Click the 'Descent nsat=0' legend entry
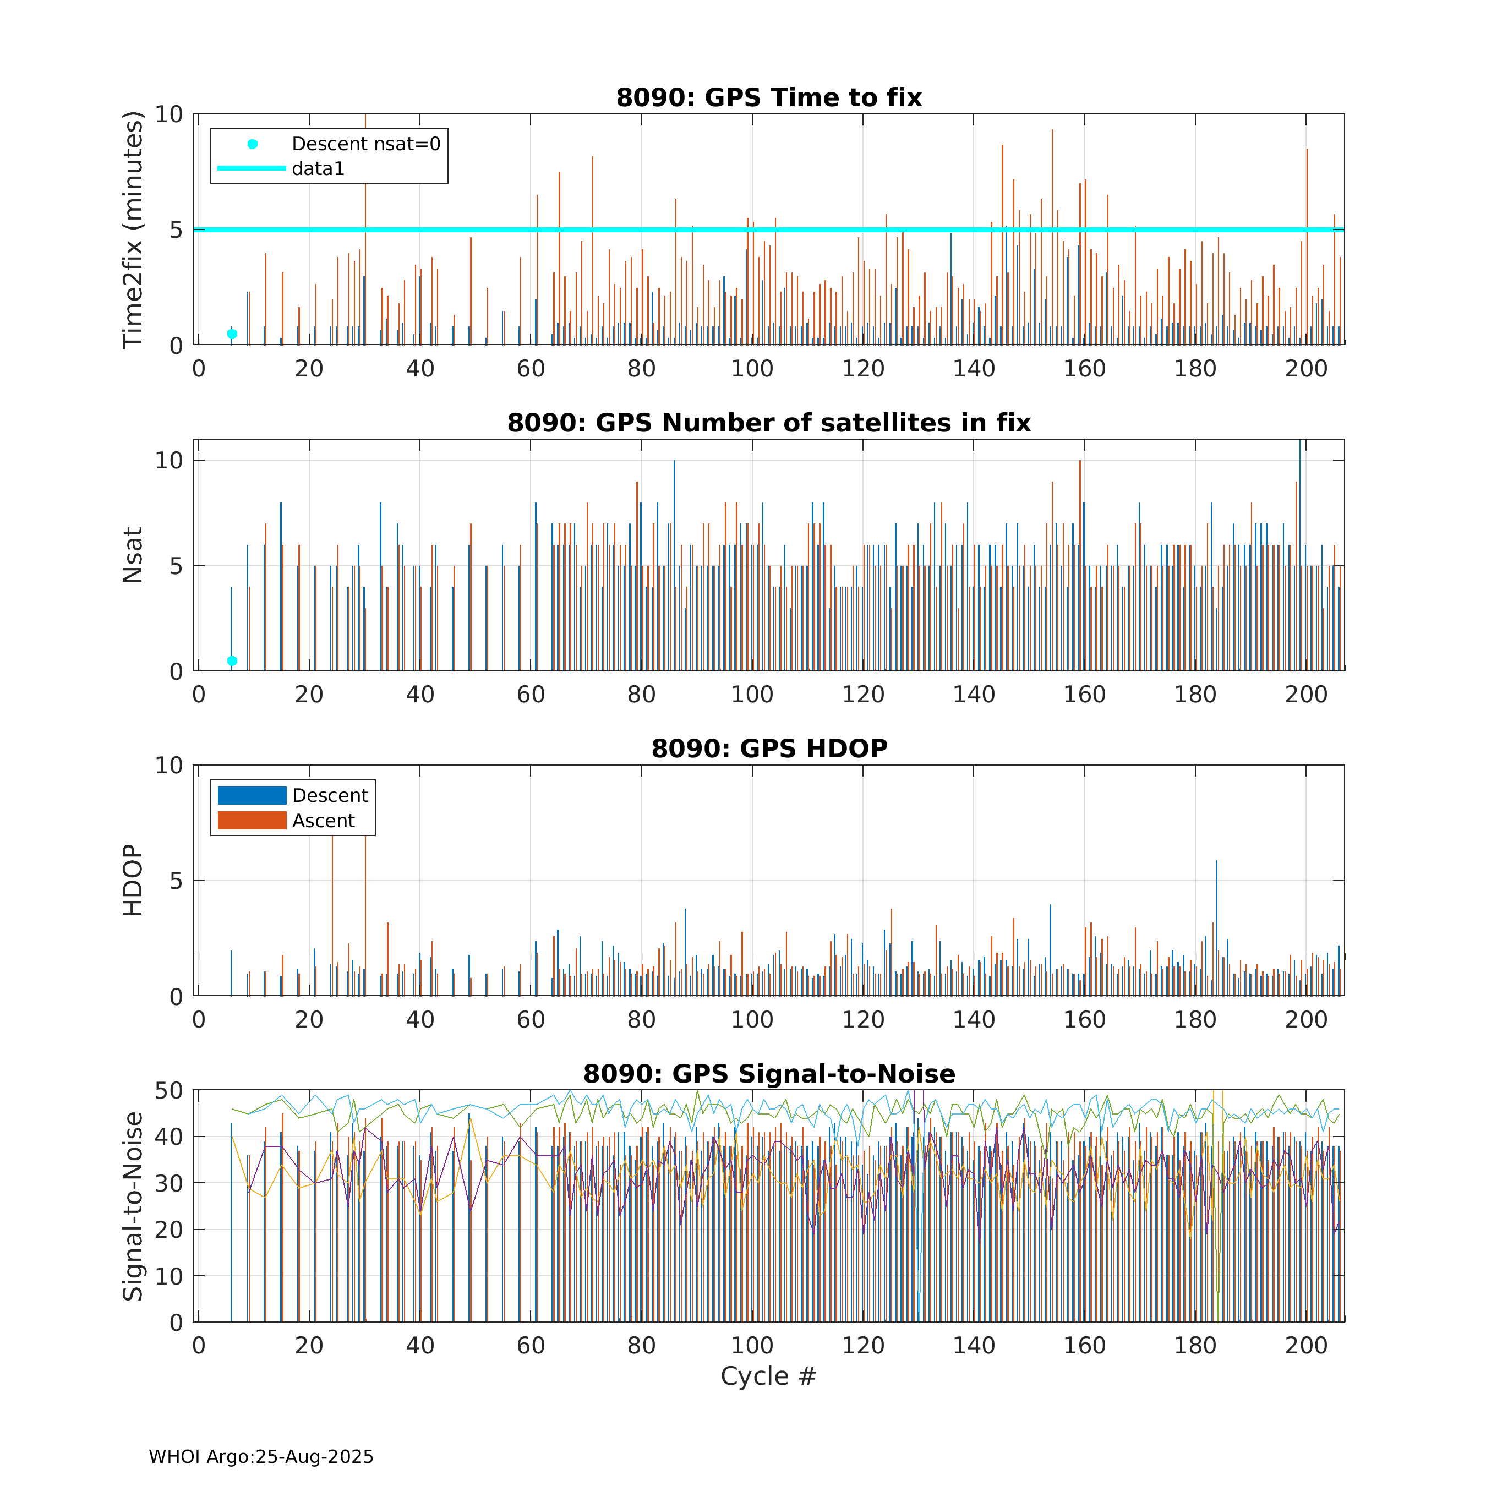[365, 144]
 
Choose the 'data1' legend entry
[318, 168]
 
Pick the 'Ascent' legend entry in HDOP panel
[323, 821]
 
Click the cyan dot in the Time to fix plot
[232, 334]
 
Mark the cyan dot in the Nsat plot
[232, 660]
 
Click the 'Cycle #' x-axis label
[768, 1376]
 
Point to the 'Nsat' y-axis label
[133, 555]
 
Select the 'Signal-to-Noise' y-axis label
[133, 1206]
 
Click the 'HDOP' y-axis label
[133, 880]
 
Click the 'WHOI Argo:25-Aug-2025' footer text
[261, 1457]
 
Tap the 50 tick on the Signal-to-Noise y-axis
[168, 1091]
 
